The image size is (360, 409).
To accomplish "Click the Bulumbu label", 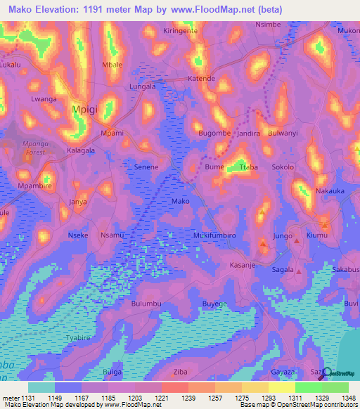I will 147,304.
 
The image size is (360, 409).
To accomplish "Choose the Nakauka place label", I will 331,190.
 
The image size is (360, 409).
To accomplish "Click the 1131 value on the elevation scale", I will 17,398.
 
